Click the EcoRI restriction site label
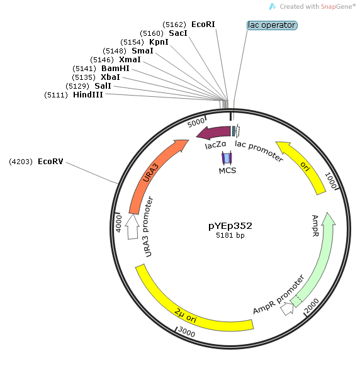coord(203,25)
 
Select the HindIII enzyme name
coord(88,95)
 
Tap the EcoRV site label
coord(50,162)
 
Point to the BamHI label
coord(115,69)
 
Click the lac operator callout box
coord(272,25)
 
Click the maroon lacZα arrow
coord(214,133)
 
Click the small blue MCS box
coord(227,158)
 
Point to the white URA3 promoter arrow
coord(132,226)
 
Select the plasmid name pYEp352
coord(230,226)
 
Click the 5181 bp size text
coord(230,235)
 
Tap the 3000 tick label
coord(186,331)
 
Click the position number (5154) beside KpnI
coord(132,42)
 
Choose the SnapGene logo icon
coord(273,6)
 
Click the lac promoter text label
coord(259,151)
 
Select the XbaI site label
coord(110,77)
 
